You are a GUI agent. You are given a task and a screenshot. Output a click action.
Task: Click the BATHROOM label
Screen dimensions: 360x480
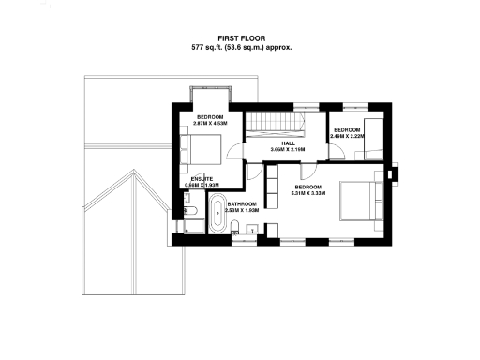tap(242, 203)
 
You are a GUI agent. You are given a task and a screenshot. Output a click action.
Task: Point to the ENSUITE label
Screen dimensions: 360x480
tap(202, 178)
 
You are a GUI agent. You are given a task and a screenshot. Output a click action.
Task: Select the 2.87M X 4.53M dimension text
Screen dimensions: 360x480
tap(211, 122)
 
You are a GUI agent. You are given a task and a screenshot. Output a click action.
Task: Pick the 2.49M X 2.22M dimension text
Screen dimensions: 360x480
tap(348, 136)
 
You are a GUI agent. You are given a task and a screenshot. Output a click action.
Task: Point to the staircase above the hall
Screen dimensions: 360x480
tap(272, 122)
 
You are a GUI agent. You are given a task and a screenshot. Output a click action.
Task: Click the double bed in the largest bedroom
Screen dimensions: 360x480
tap(357, 199)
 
